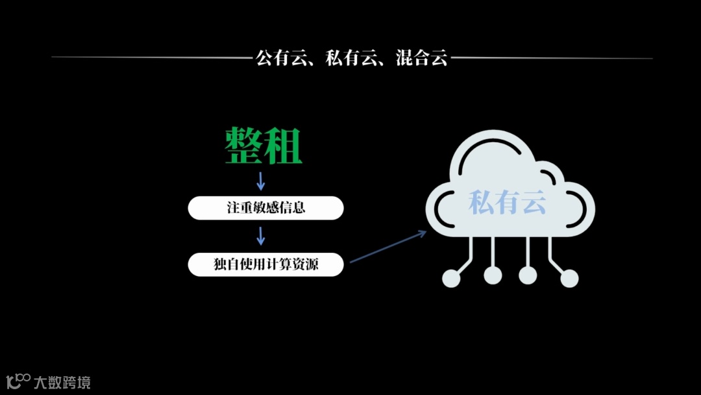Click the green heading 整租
[x=264, y=145]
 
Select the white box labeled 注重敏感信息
[x=265, y=208]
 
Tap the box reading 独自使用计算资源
[x=265, y=264]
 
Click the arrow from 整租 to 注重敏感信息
[x=261, y=181]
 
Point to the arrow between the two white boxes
[x=261, y=236]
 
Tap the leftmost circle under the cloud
[x=451, y=278]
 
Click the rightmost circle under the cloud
[x=569, y=278]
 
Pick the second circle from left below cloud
[x=493, y=275]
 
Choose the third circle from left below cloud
[x=528, y=275]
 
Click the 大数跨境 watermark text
[x=62, y=382]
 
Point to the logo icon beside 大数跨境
[x=18, y=381]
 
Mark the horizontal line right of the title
[x=552, y=58]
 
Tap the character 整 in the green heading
[x=243, y=145]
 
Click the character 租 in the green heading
[x=284, y=145]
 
